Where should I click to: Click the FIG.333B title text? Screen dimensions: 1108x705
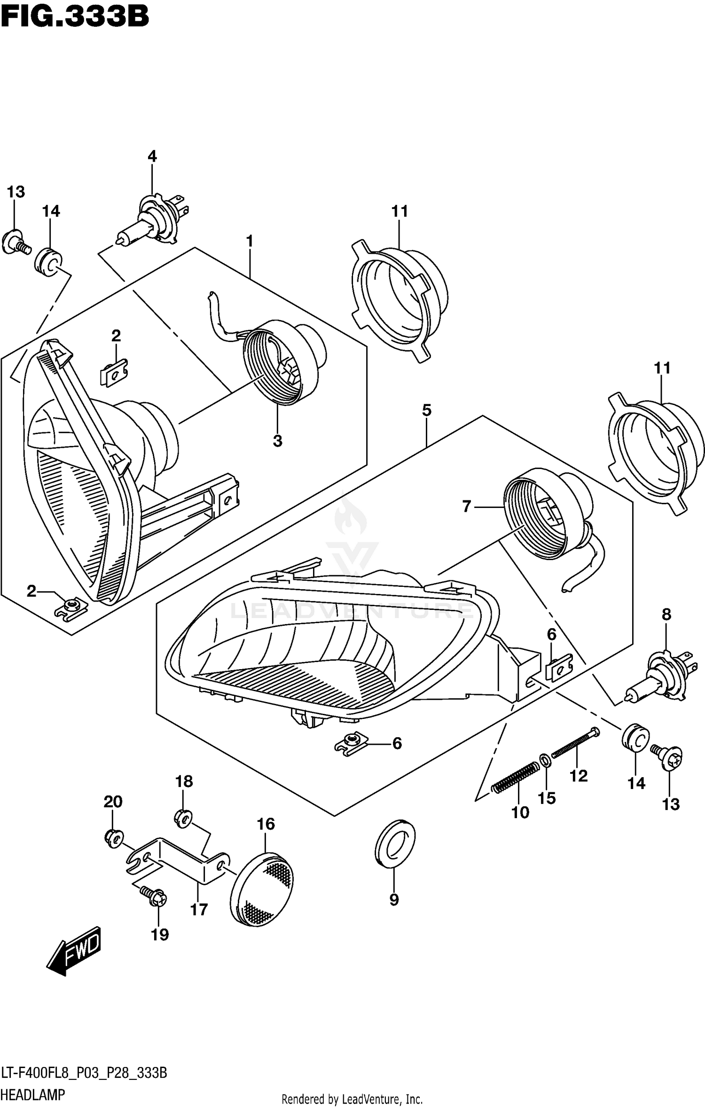pos(74,17)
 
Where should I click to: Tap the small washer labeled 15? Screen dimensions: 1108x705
pos(545,759)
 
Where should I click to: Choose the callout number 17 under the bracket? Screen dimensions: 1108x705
pos(199,910)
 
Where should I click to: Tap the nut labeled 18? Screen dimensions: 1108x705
pos(182,819)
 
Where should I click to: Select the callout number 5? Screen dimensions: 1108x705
pos(426,411)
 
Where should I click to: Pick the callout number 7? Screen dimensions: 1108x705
pos(466,506)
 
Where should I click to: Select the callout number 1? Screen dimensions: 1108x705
pos(250,242)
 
